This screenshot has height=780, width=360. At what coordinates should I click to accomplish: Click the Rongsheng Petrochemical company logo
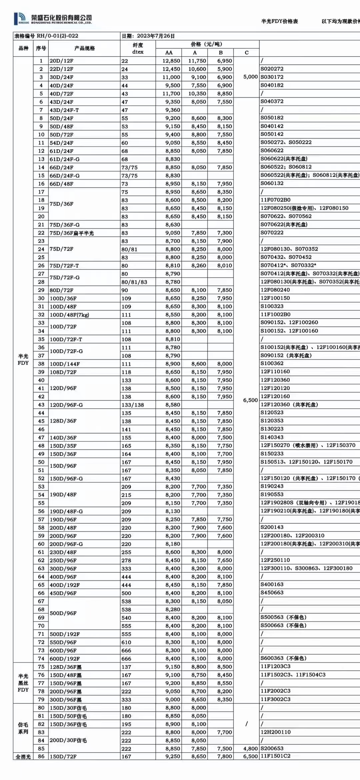tap(52, 19)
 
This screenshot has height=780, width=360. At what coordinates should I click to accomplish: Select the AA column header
tap(169, 53)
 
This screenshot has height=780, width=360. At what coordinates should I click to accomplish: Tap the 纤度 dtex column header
tap(138, 48)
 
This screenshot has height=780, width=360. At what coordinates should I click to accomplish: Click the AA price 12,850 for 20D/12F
tap(171, 61)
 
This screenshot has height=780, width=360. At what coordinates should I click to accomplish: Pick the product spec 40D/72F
tap(61, 94)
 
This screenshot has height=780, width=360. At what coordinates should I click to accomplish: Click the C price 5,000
tap(250, 77)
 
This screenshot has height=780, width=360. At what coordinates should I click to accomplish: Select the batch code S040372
tap(272, 101)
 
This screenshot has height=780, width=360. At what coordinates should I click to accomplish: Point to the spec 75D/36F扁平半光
tap(72, 233)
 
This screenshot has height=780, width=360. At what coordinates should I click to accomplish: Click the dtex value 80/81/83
tap(134, 282)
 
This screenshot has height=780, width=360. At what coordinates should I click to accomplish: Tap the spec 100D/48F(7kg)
tap(69, 315)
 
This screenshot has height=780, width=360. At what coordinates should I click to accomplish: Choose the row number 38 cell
tap(41, 364)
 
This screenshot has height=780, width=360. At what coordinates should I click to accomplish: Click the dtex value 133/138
tap(133, 405)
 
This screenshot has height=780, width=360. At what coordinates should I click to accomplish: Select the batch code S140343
tap(272, 437)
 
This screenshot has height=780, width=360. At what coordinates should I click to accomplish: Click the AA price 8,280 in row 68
tap(173, 609)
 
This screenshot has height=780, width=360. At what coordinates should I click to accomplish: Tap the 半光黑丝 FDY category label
tap(23, 683)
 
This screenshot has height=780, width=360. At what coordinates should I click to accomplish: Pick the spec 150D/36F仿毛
tap(68, 724)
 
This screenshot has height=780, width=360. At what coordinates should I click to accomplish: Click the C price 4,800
tap(250, 749)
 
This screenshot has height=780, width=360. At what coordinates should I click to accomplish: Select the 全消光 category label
tap(23, 757)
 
